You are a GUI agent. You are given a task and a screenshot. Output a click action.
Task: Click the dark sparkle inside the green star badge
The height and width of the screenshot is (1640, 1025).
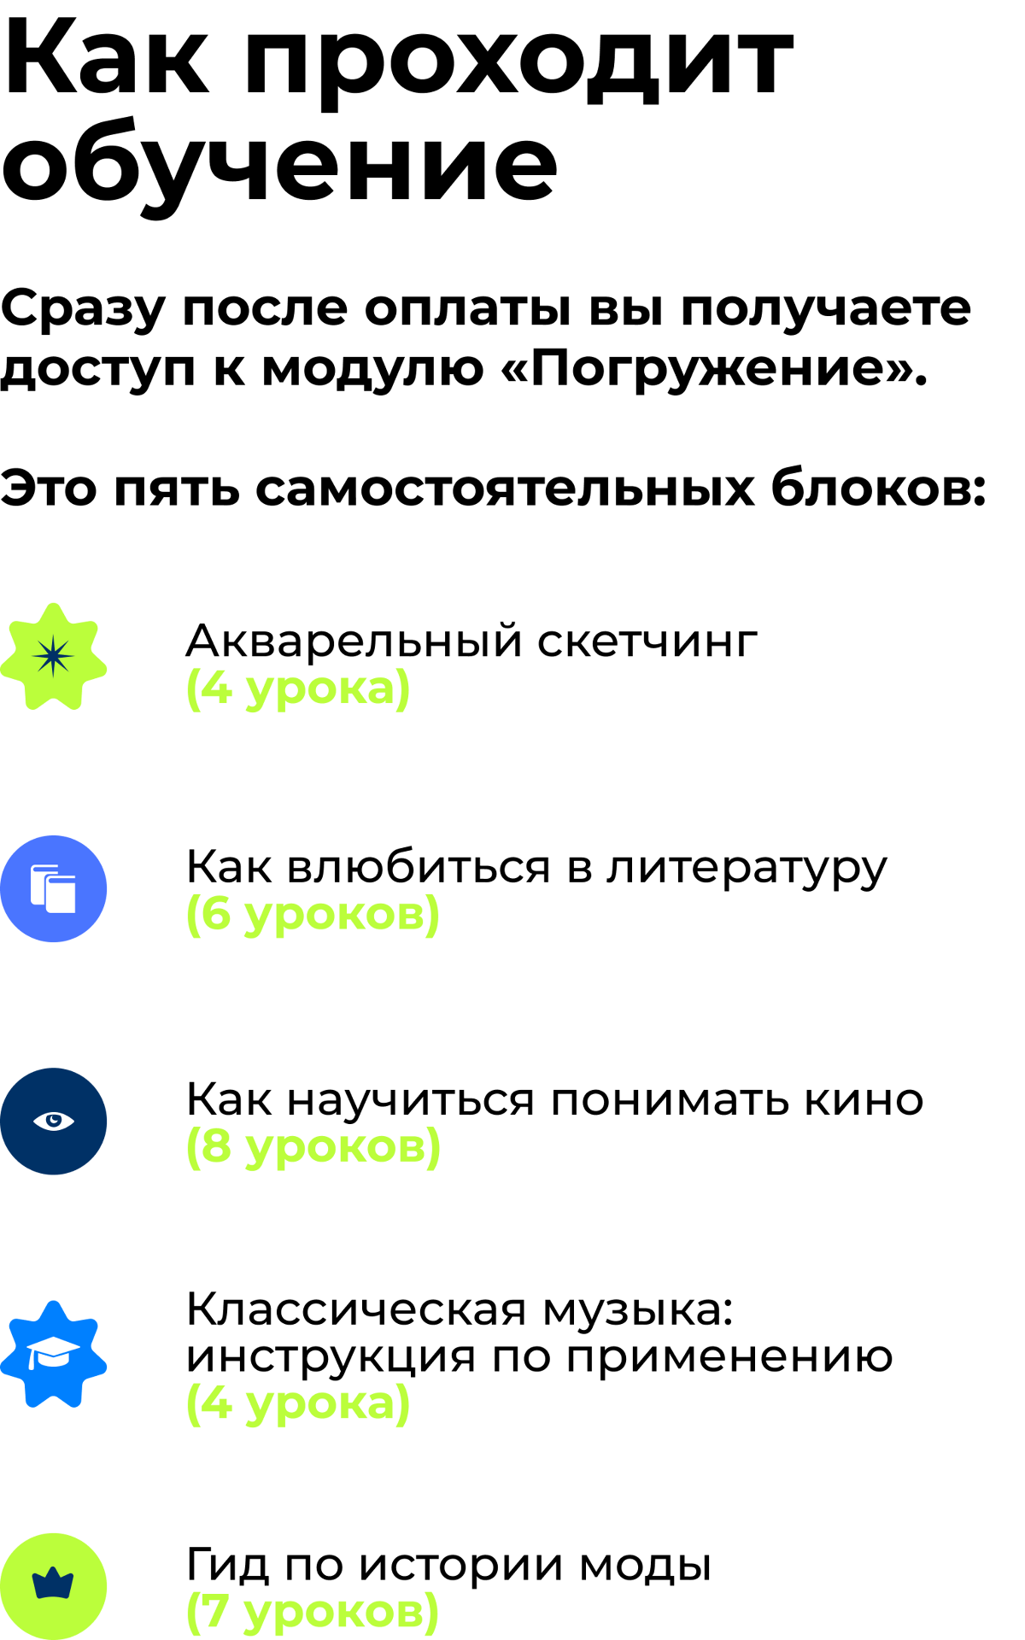53,656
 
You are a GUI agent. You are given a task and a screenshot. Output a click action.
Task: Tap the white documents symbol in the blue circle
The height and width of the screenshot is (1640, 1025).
53,889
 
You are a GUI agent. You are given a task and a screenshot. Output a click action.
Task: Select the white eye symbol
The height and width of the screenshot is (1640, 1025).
54,1121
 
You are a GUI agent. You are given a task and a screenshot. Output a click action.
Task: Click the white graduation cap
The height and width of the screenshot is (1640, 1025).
52,1352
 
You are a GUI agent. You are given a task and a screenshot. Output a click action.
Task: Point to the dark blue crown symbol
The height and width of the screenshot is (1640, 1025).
53,1584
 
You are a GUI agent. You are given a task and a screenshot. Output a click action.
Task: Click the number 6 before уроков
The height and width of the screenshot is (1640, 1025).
216,913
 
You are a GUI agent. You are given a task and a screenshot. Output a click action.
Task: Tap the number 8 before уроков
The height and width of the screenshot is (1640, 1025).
216,1145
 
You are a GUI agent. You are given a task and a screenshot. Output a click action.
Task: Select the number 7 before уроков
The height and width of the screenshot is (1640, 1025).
215,1611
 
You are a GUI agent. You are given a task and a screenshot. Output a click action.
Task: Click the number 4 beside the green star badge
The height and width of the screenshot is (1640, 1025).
216,688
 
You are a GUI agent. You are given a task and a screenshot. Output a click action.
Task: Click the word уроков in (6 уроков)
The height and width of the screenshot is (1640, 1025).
334,916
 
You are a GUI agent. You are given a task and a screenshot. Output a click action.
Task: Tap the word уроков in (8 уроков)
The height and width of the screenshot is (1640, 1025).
335,1148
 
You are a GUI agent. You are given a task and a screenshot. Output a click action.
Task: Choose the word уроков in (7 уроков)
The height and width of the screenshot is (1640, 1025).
333,1614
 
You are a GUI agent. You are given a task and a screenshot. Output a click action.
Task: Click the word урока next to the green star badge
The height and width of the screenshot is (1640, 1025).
320,690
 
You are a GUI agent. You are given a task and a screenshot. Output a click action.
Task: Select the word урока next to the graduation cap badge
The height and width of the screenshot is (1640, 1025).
320,1404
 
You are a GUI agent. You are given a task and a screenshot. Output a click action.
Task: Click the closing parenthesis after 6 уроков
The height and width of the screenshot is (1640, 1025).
434,915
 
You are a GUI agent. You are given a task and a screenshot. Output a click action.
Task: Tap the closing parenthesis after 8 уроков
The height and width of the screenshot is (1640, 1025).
435,1147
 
